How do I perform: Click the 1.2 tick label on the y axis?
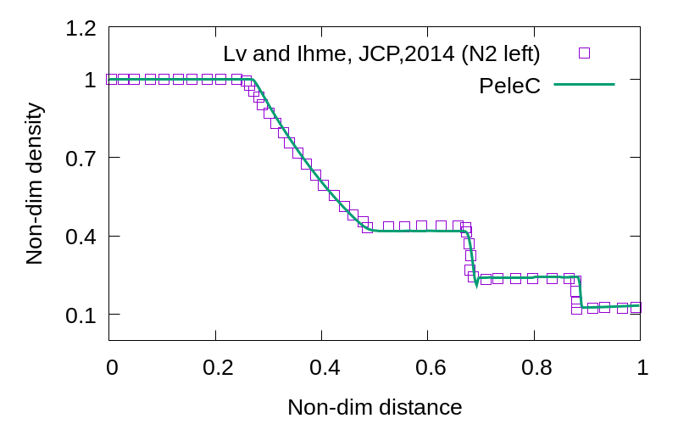coord(81,29)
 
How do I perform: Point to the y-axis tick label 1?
coord(91,80)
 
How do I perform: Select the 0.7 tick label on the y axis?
coord(81,159)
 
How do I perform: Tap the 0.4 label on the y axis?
coord(81,237)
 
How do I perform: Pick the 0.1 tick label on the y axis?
coord(81,315)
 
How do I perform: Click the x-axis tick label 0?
coord(112,367)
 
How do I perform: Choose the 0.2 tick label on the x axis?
coord(218,367)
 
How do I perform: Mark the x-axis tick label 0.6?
coord(431,367)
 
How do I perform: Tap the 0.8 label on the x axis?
coord(536,367)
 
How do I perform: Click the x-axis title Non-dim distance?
coord(375,408)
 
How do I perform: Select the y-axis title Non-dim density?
coord(35,183)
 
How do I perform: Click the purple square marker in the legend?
coord(584,53)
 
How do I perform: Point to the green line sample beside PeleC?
coord(584,84)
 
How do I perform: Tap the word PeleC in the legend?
coord(510,86)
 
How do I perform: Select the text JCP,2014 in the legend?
coord(407,54)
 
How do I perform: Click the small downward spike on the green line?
coord(476,283)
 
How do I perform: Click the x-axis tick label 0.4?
coord(325,367)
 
